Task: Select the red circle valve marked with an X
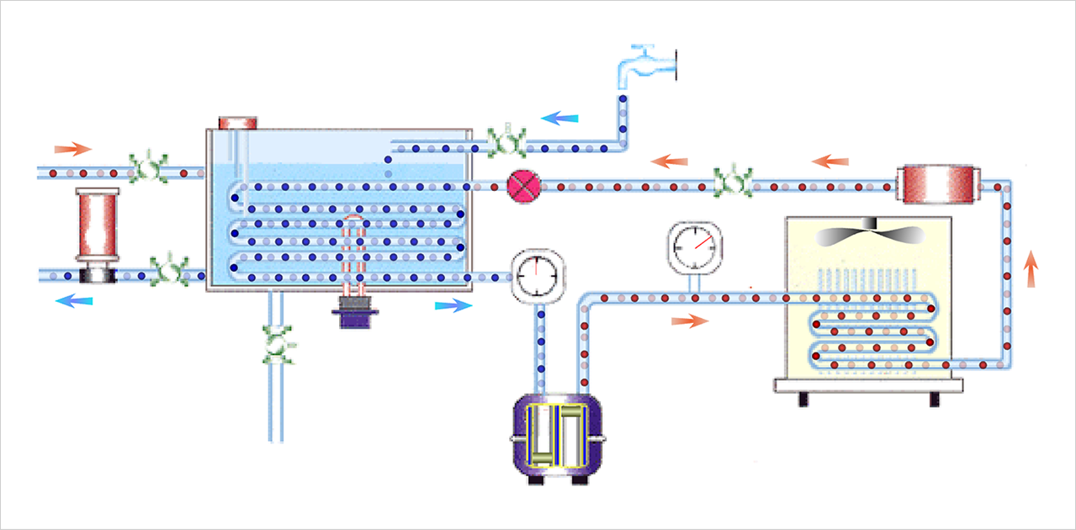(x=522, y=186)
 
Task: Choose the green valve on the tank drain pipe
(x=278, y=344)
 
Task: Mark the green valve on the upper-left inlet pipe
(x=147, y=168)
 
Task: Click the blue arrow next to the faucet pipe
(x=559, y=119)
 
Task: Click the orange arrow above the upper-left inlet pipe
(x=72, y=150)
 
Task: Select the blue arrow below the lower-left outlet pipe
(x=74, y=300)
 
